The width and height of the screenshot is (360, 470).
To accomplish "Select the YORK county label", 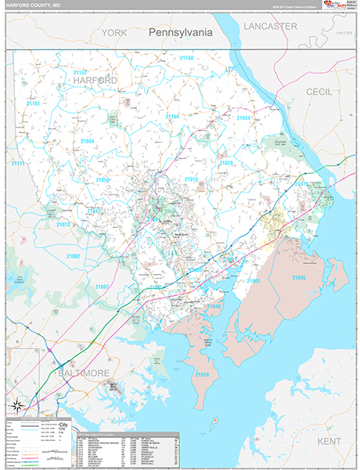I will pyautogui.click(x=113, y=33).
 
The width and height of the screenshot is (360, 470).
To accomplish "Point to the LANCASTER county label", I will pyautogui.click(x=270, y=26).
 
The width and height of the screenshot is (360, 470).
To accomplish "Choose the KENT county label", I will pyautogui.click(x=330, y=420).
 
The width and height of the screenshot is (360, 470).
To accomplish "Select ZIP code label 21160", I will pyautogui.click(x=185, y=58).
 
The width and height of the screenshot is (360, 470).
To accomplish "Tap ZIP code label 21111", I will pyautogui.click(x=17, y=164).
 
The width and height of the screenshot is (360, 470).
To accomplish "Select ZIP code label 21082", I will pyautogui.click(x=74, y=256).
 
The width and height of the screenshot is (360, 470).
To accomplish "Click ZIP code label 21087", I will pyautogui.click(x=103, y=287).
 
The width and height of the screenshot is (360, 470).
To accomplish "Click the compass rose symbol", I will pyautogui.click(x=18, y=405).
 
